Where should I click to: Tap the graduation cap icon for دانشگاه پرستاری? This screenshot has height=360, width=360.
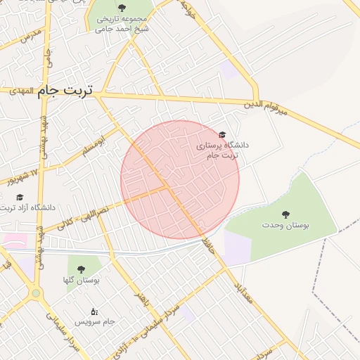point(223,134)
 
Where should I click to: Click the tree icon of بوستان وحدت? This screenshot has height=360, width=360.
point(285,214)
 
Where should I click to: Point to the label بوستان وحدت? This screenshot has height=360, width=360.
point(285,225)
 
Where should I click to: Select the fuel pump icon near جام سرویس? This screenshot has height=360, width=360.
point(94,311)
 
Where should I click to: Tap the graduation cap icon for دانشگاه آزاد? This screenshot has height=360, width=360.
point(20,198)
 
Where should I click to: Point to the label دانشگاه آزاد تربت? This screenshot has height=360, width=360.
point(28,208)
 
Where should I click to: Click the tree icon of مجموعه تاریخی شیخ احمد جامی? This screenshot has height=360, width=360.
point(122,8)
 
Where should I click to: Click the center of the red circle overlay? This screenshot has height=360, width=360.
point(180,179)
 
